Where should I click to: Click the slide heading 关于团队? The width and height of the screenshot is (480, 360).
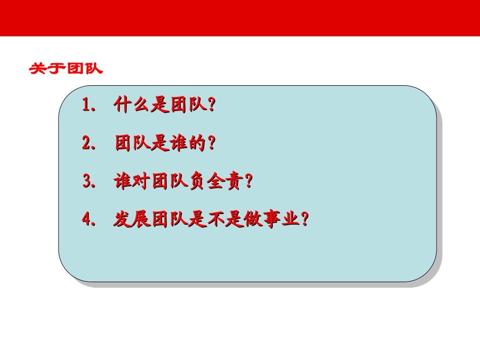[x=66, y=69]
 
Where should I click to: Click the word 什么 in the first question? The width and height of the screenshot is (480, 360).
[x=131, y=105]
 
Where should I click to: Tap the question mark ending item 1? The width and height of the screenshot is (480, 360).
[x=212, y=105]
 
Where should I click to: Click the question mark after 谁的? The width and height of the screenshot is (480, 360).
[x=212, y=143]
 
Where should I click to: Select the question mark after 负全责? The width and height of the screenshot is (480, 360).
[x=248, y=181]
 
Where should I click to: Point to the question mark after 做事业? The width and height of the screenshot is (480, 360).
[x=304, y=220]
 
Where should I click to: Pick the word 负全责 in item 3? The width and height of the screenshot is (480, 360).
[x=214, y=181]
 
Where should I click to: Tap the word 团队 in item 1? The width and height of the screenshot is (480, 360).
[x=187, y=105]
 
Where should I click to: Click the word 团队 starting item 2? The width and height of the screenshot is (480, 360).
[x=132, y=143]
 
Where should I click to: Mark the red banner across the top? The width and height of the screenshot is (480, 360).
[x=240, y=18]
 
